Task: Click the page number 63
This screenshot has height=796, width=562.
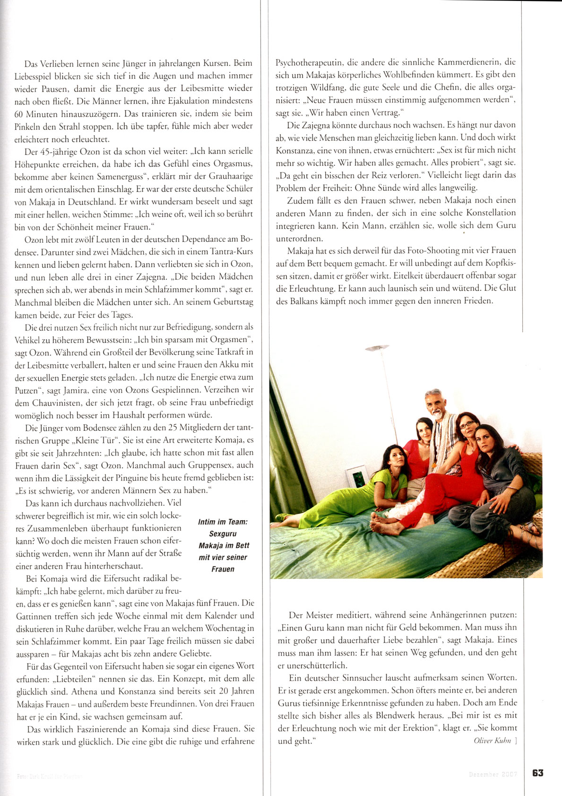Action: pyautogui.click(x=537, y=773)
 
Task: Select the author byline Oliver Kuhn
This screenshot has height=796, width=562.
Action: pyautogui.click(x=492, y=741)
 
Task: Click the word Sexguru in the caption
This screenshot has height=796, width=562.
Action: pyautogui.click(x=223, y=534)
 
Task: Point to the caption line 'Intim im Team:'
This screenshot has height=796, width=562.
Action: pyautogui.click(x=223, y=522)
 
